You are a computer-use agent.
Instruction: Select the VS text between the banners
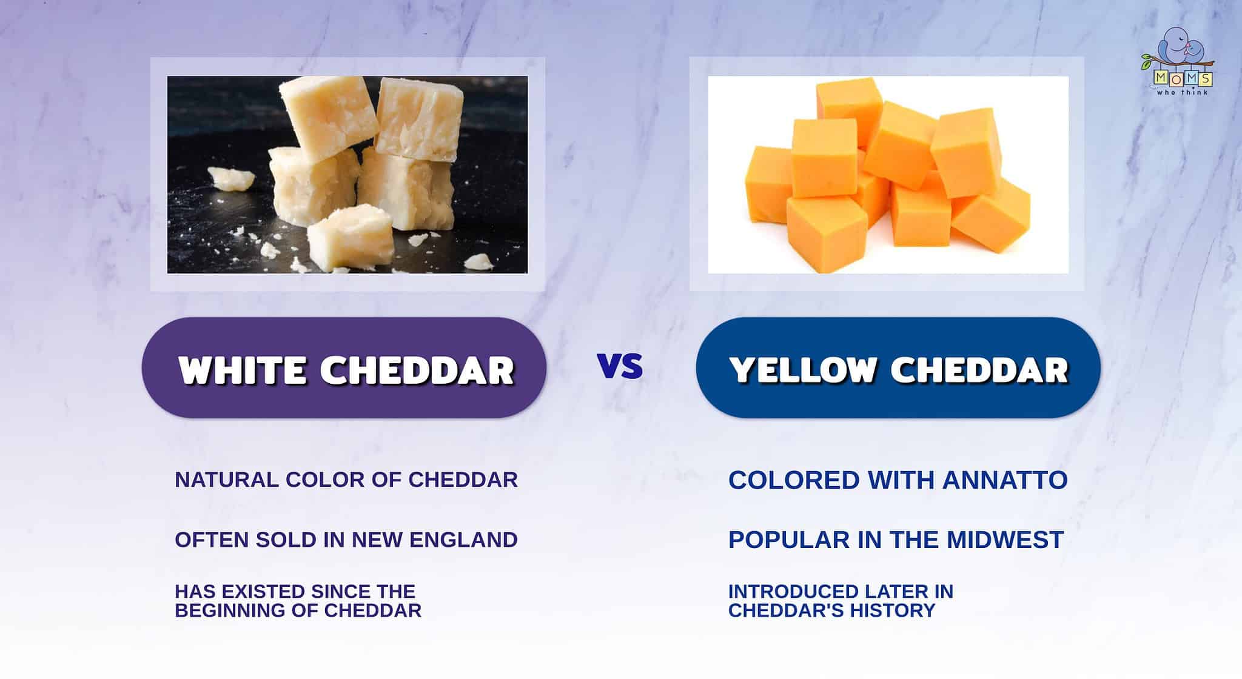click(x=620, y=366)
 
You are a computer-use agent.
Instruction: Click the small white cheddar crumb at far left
click(x=230, y=178)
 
